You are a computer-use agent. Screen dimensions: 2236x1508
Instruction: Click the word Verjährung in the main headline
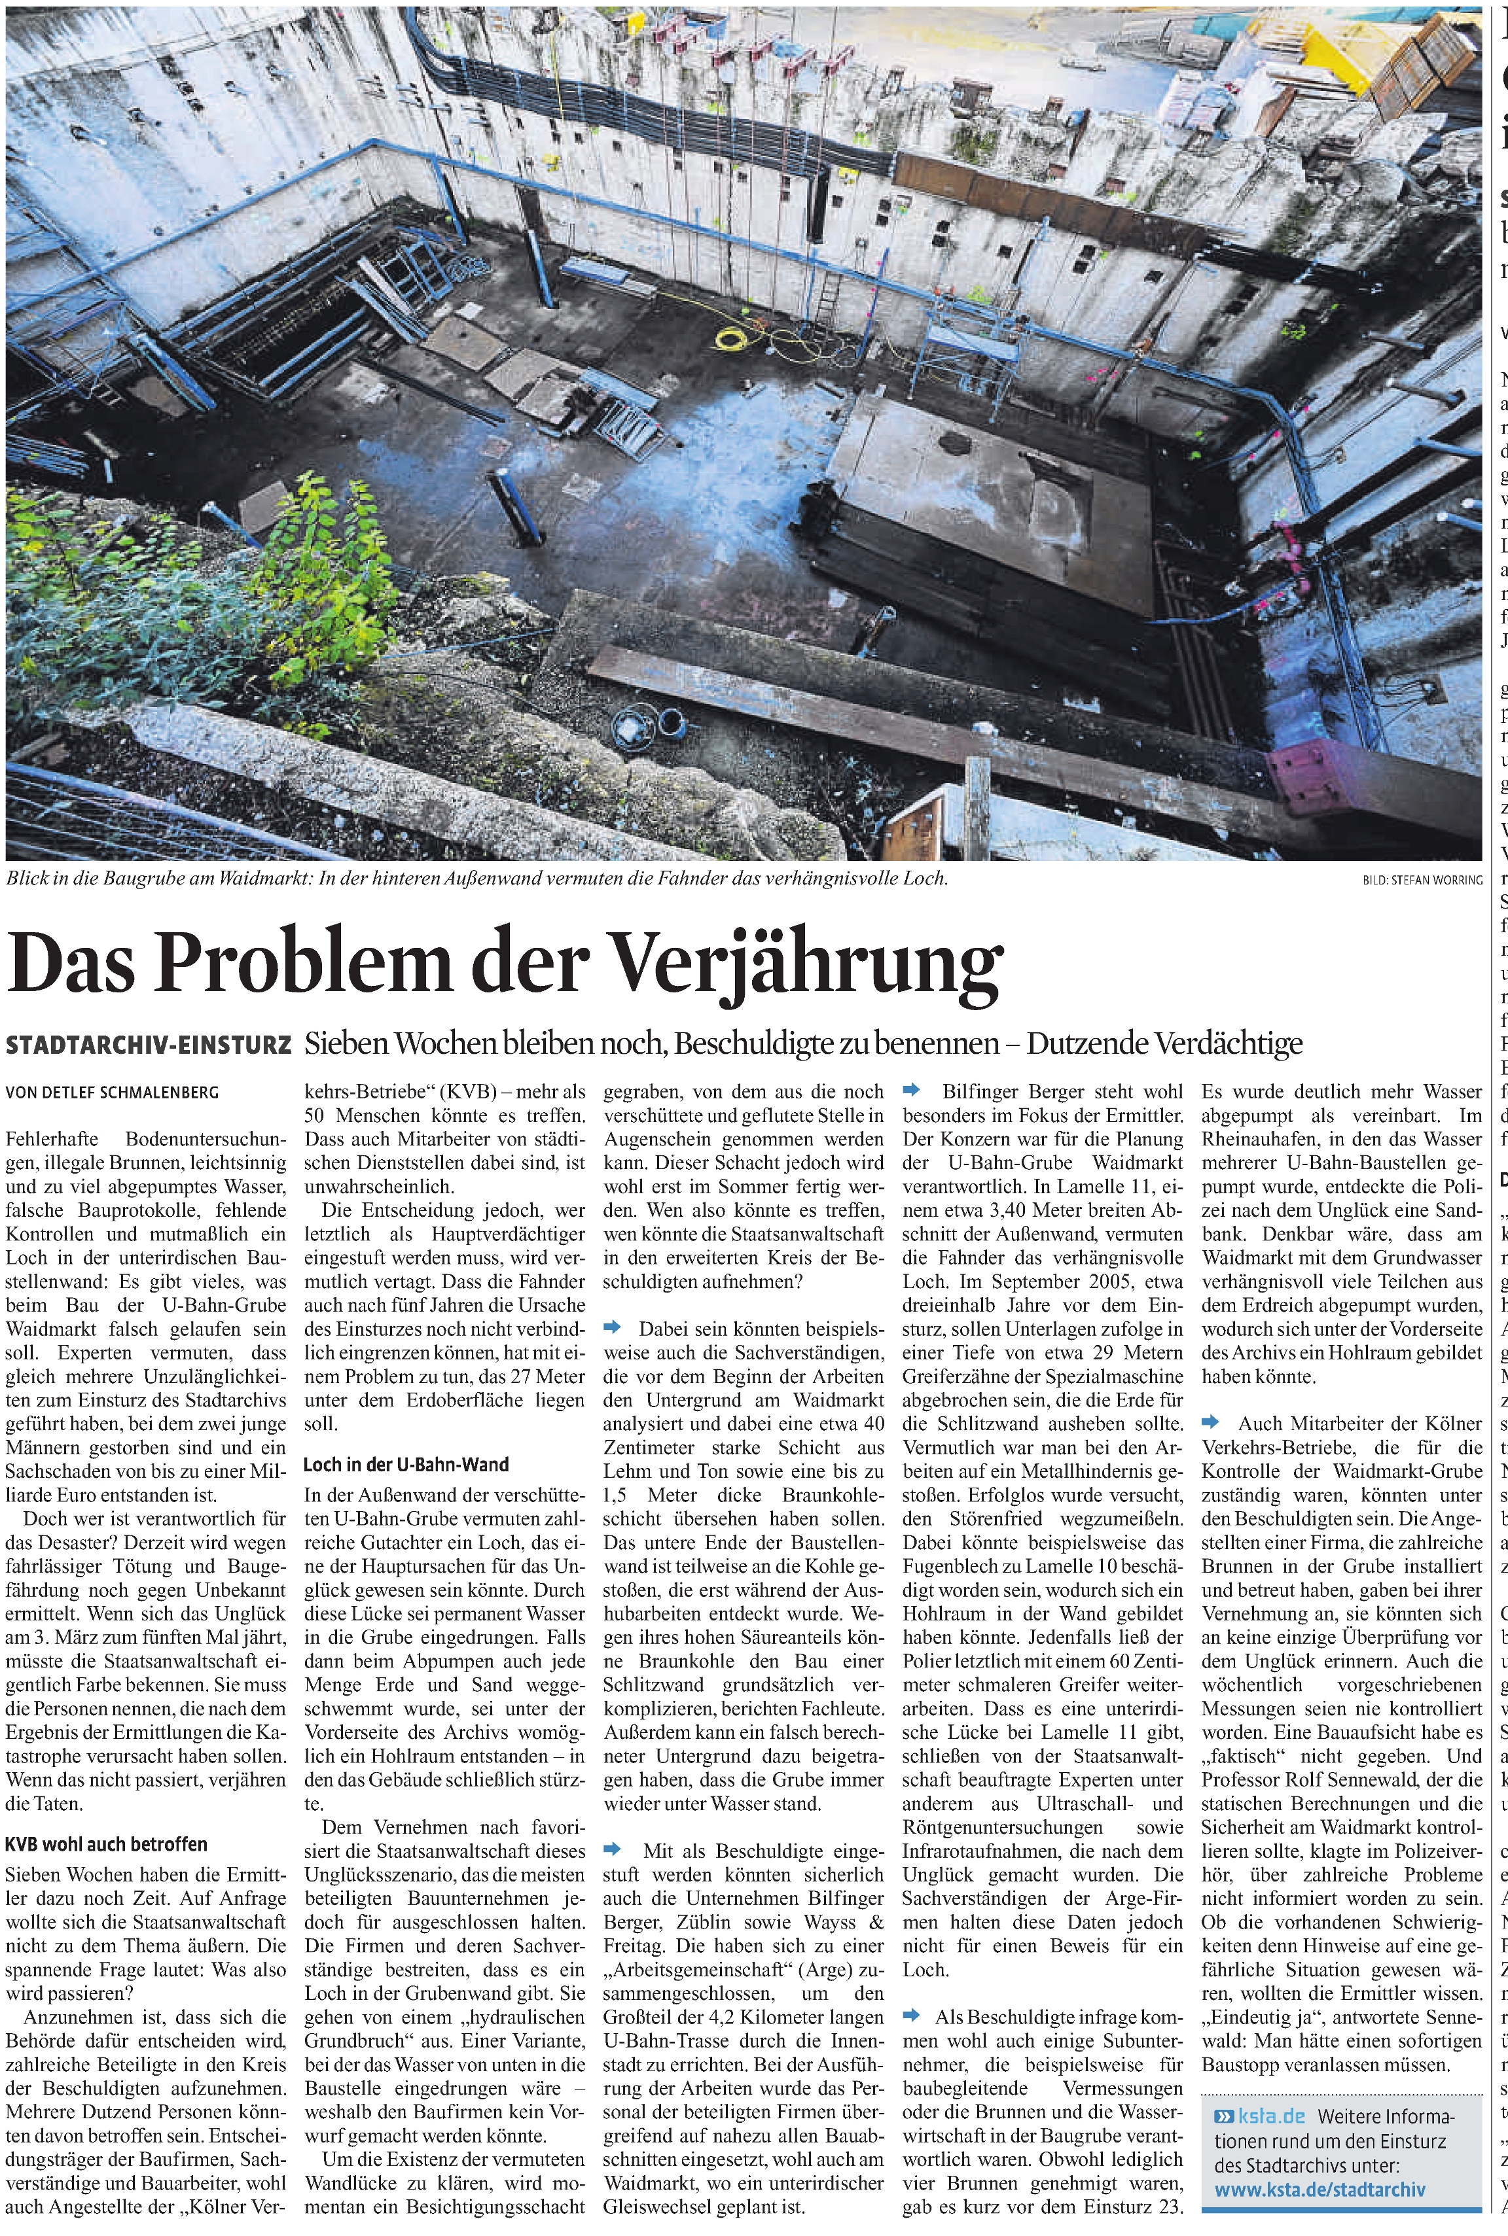[808, 964]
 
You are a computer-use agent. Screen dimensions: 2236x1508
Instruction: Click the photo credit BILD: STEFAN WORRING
[1422, 880]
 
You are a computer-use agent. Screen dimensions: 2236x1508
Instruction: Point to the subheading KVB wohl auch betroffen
[106, 1845]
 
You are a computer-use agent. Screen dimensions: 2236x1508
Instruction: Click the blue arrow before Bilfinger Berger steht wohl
[911, 1090]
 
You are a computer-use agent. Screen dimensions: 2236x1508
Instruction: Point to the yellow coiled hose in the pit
[733, 338]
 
